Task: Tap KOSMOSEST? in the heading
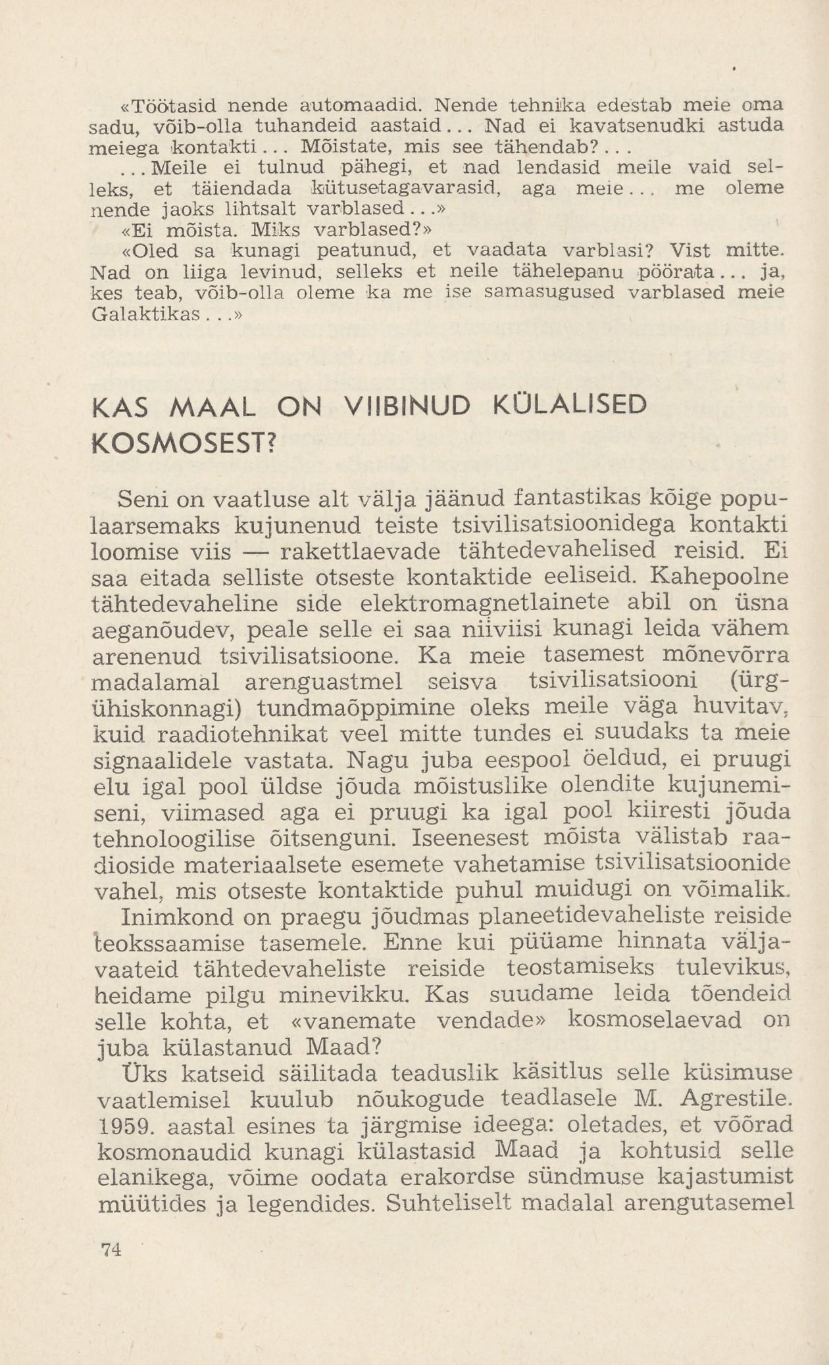(x=182, y=445)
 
